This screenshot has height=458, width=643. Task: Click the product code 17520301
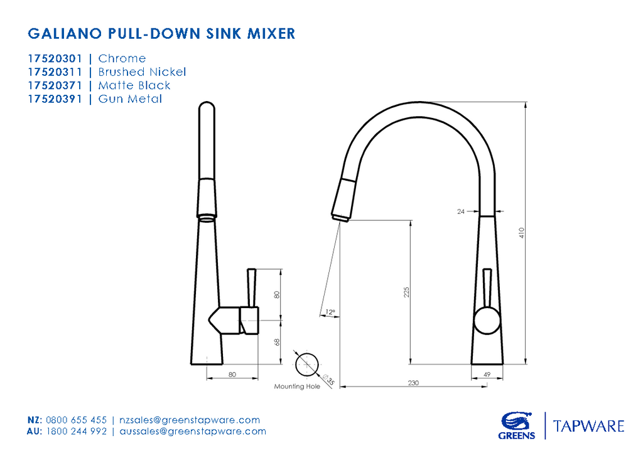coord(55,58)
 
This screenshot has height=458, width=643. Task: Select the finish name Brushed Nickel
coord(142,72)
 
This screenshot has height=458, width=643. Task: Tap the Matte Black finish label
coord(134,85)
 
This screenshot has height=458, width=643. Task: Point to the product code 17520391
coord(55,99)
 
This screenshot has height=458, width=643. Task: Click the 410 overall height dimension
coord(521,233)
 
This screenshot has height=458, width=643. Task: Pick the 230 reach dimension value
coord(413,383)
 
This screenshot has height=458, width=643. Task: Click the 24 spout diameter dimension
coord(461,212)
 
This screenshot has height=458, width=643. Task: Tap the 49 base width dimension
coord(487,375)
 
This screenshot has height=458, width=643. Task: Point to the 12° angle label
coord(330,312)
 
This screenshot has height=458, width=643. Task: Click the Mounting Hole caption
coord(297,386)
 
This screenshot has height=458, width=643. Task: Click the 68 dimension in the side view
coord(276,342)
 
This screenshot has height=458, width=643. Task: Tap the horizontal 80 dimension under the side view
coord(232,375)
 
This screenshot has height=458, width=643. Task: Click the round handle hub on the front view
coord(487,321)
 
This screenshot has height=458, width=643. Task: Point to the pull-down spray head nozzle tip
coord(341,218)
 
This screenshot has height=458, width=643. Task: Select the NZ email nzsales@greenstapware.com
coord(189,420)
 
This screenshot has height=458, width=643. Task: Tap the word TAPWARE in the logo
coord(588,427)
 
